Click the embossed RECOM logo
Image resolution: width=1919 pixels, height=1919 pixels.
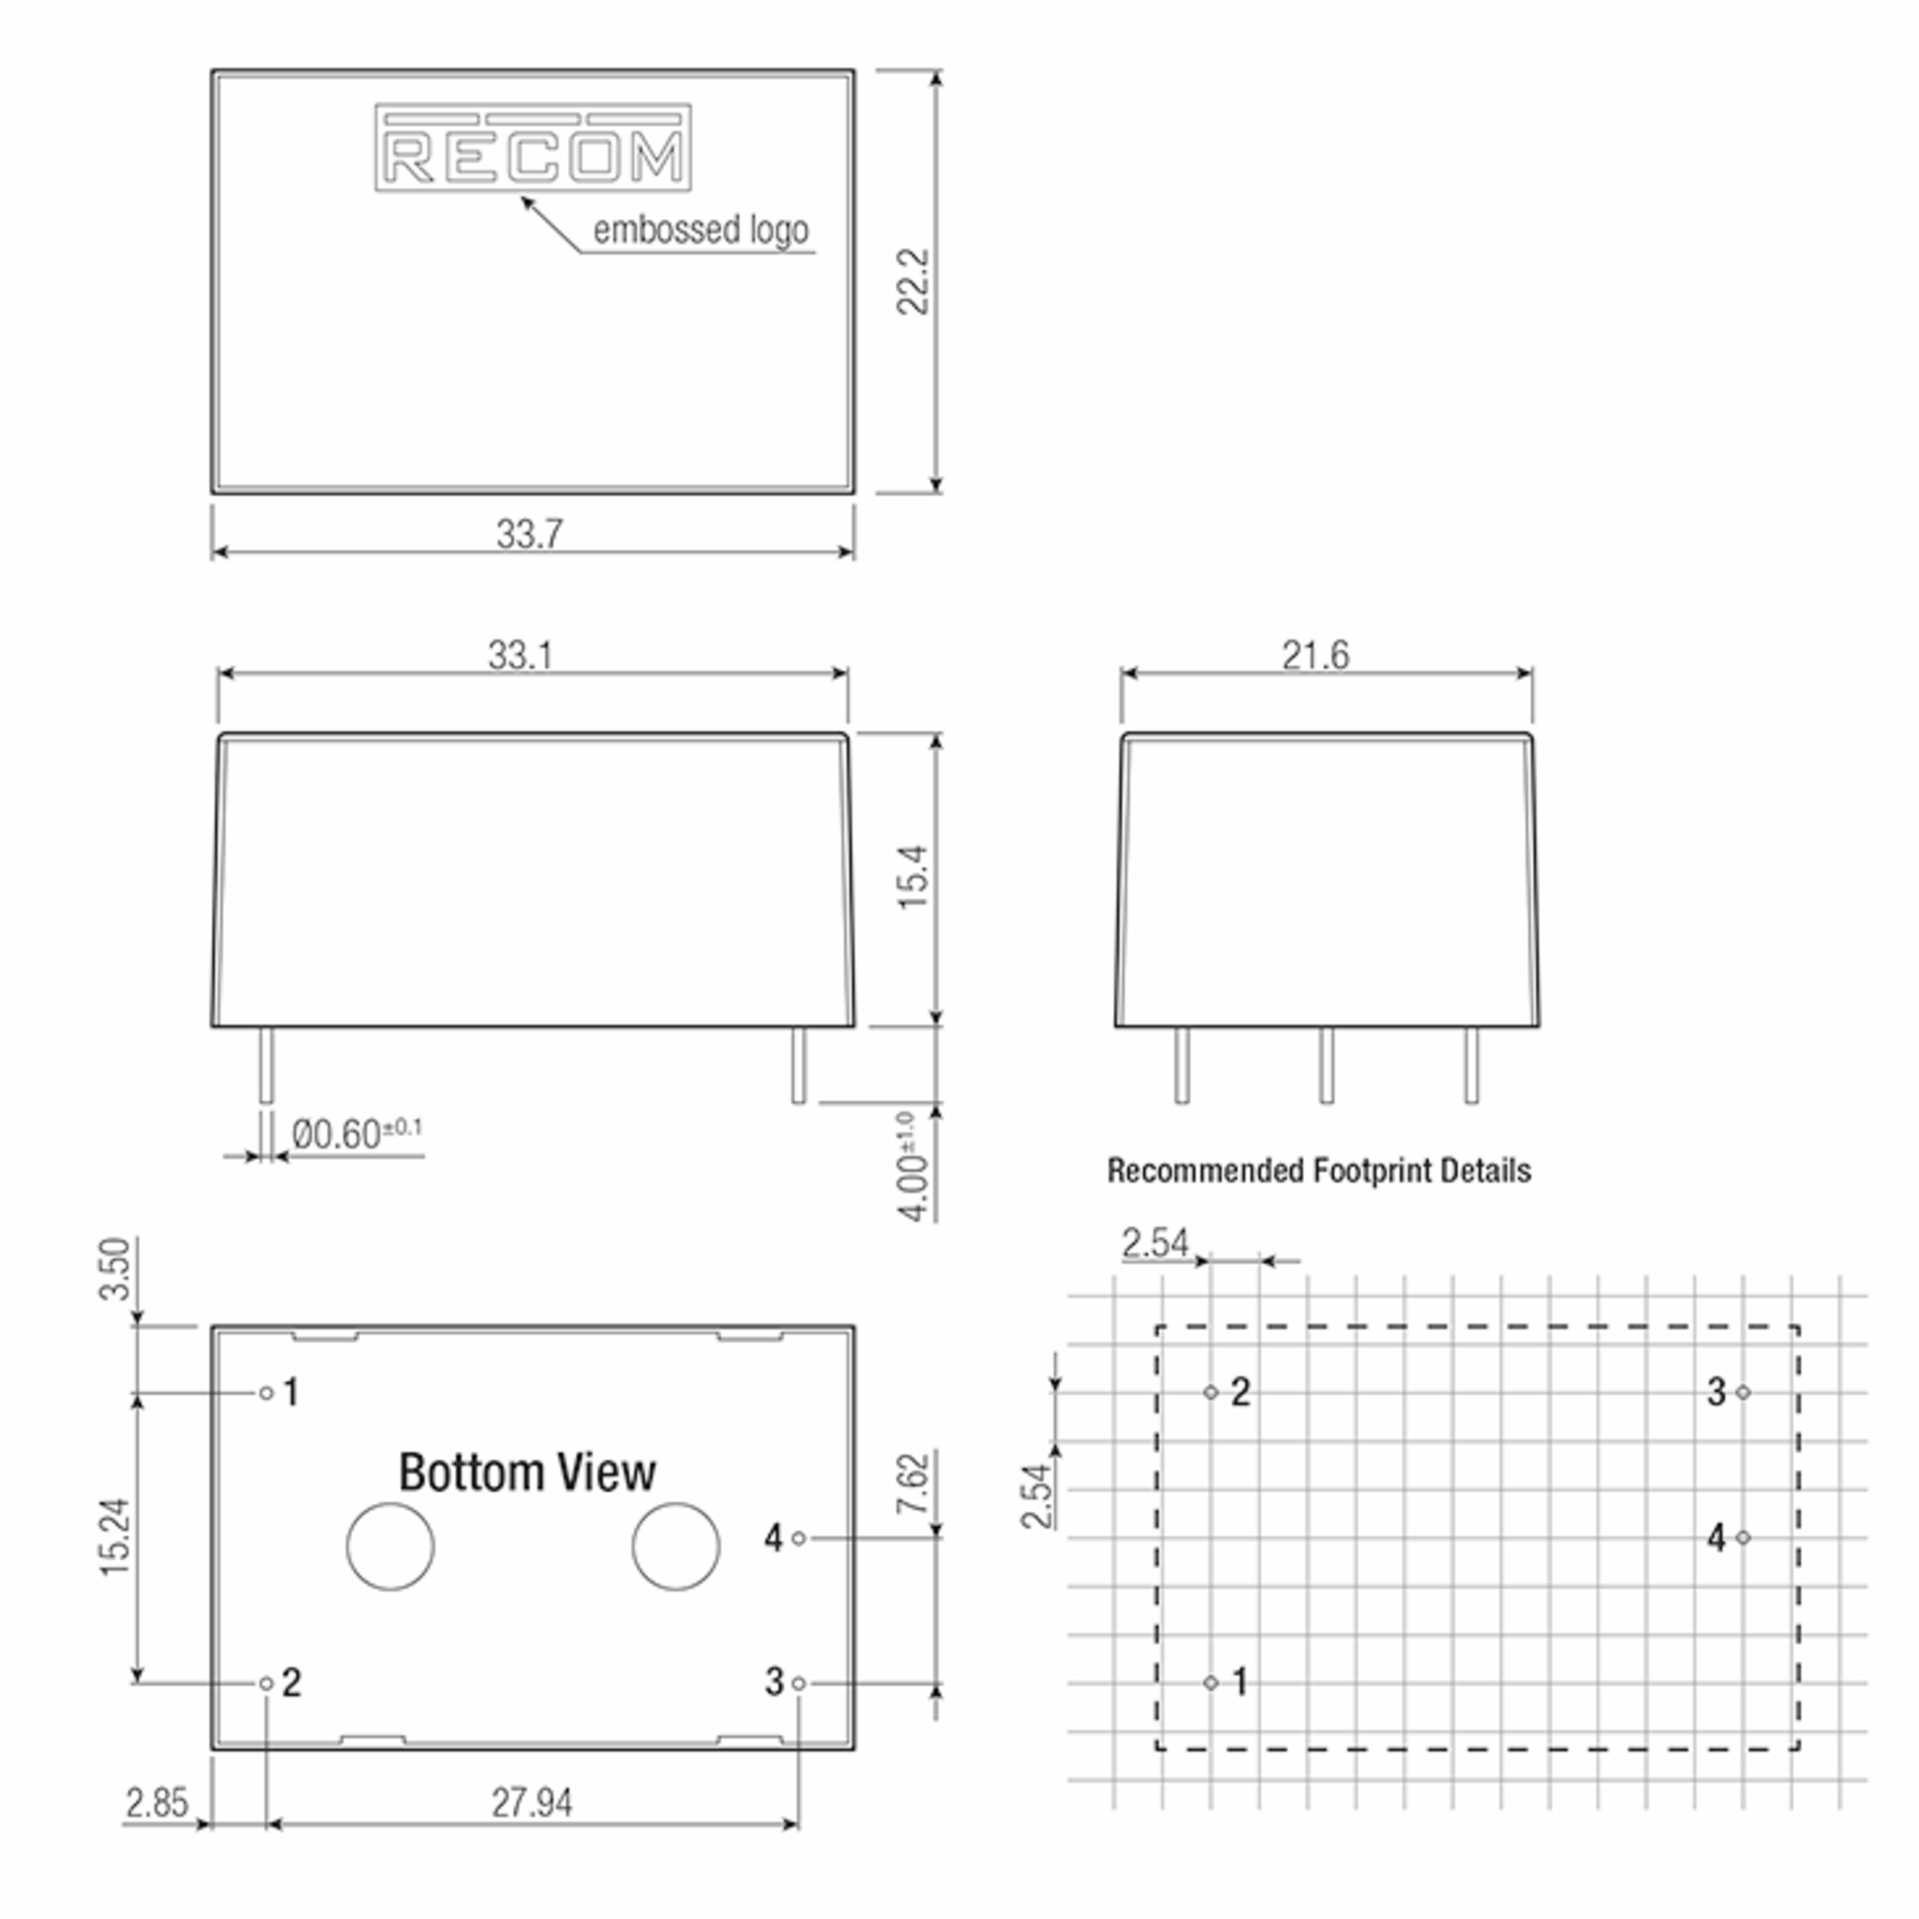533,148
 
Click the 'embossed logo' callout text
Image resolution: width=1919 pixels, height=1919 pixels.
700,229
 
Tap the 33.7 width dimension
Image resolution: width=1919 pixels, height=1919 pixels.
529,534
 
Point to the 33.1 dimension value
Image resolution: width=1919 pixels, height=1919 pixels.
521,656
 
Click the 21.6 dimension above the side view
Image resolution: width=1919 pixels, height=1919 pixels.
1315,656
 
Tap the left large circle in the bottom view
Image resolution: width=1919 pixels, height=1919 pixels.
390,1546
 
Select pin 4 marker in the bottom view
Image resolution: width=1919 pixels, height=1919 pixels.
799,1538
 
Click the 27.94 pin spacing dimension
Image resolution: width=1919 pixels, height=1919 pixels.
532,1803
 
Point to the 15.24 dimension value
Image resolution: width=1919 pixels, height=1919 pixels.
115,1537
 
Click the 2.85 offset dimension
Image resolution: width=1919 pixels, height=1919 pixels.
156,1803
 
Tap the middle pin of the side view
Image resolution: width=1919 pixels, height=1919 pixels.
1326,1066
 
